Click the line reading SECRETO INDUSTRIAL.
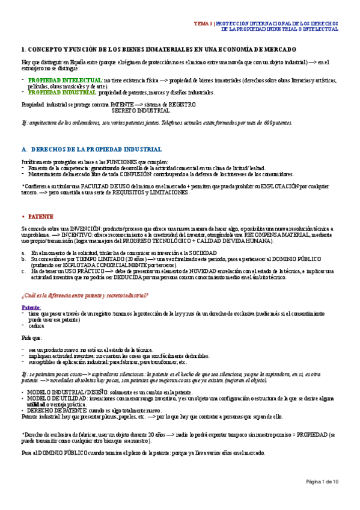click(x=141, y=111)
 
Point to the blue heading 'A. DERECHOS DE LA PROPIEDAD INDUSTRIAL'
click(x=91, y=149)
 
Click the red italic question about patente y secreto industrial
click(x=85, y=294)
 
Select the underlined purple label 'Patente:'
click(x=31, y=307)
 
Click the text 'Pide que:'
click(x=31, y=339)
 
